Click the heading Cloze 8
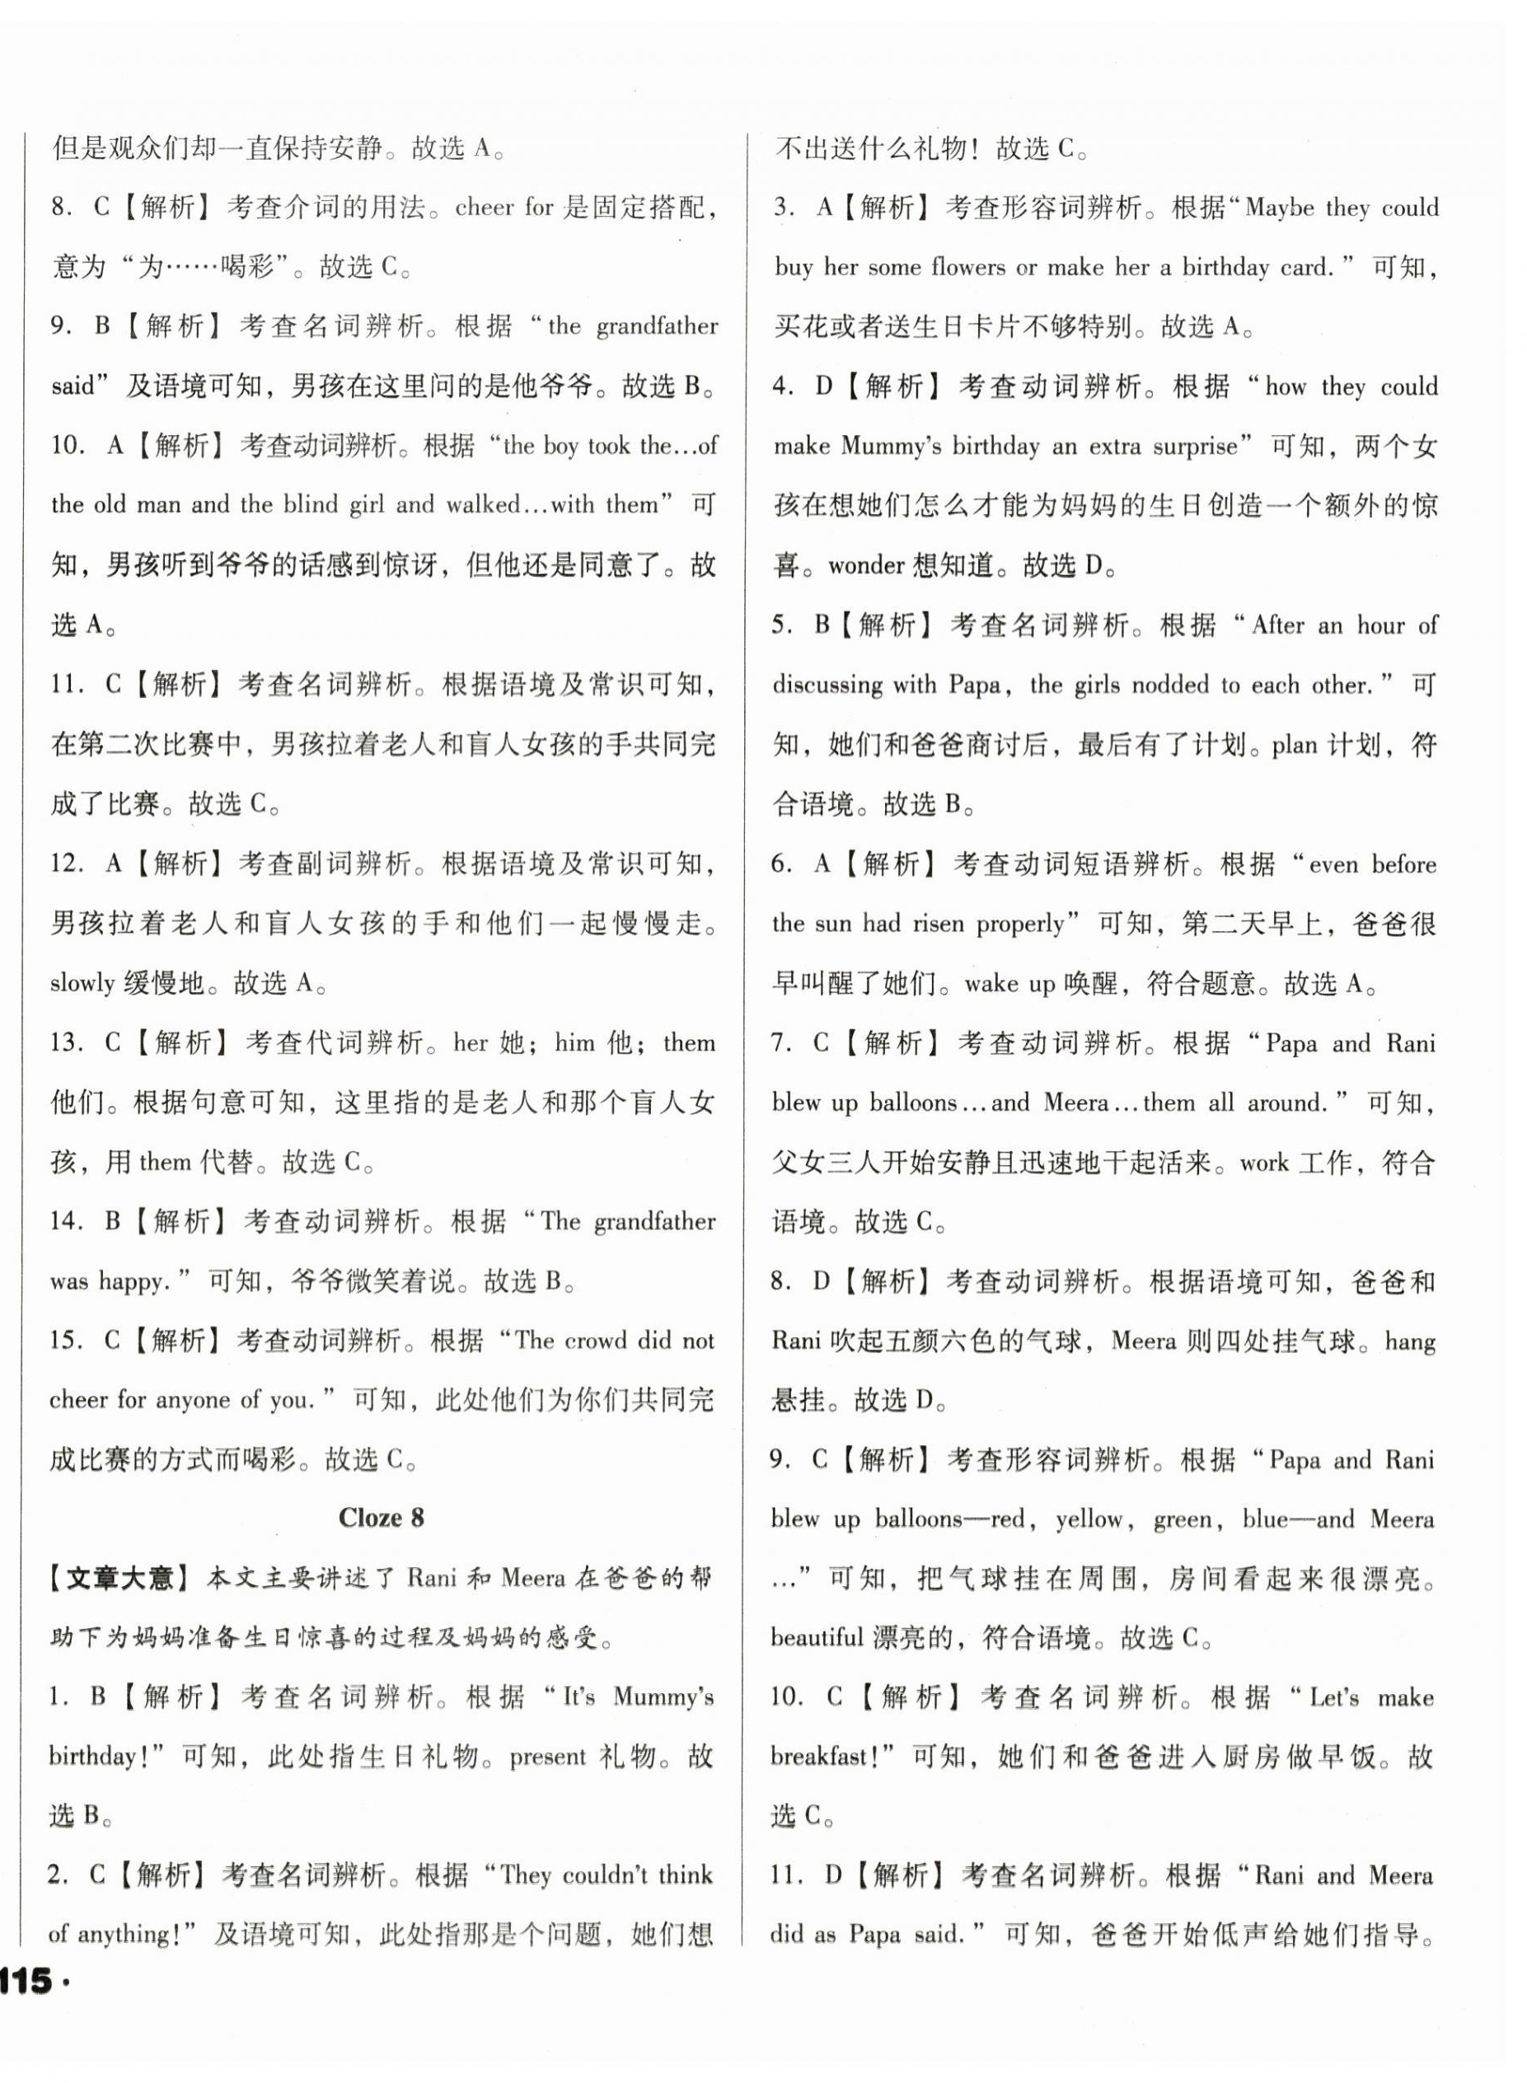click(x=381, y=1519)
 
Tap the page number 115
click(x=28, y=1982)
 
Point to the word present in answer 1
click(x=547, y=1757)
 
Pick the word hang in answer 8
click(x=1410, y=1341)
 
